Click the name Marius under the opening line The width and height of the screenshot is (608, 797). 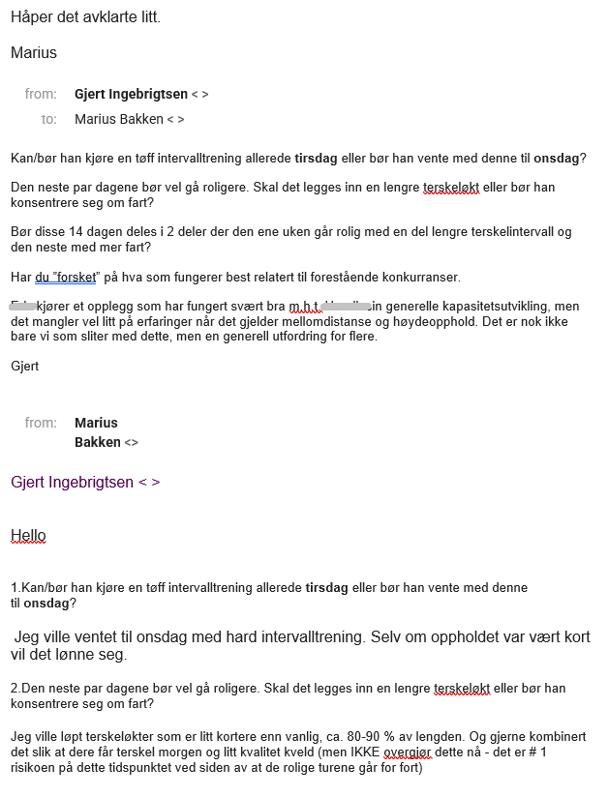point(34,52)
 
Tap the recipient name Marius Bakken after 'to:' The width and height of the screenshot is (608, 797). point(118,119)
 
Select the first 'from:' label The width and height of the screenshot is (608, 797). point(42,94)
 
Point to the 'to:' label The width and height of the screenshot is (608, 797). point(48,119)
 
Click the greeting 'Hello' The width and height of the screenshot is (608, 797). point(28,535)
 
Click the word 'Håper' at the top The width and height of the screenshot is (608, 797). point(32,17)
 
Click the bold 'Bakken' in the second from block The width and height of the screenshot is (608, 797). point(98,442)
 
